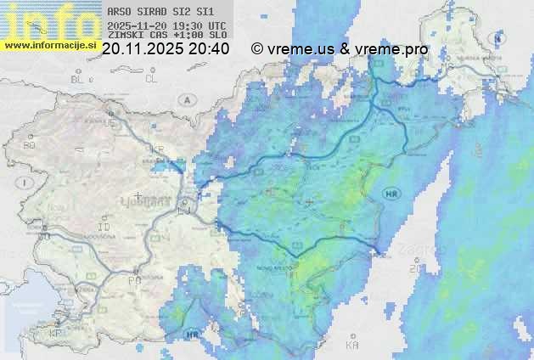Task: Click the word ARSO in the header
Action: [118, 12]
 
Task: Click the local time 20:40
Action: [209, 49]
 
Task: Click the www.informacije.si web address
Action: [51, 44]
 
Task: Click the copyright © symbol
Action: [256, 49]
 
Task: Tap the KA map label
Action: [352, 346]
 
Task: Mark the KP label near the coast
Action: [56, 334]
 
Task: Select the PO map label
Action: [134, 280]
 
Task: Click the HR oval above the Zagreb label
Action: [392, 194]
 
